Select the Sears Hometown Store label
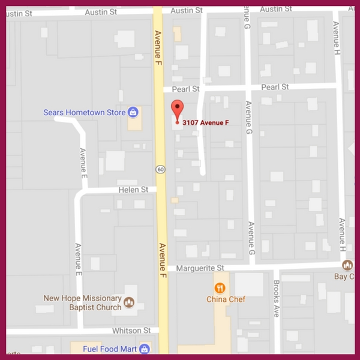coord(85,112)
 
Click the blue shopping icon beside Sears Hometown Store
coord(133,112)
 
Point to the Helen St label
coord(136,190)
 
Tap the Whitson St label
coord(131,331)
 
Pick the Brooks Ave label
coord(277,290)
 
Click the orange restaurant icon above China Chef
coord(220,287)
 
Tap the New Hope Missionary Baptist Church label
coord(82,302)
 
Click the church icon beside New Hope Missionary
coord(128,301)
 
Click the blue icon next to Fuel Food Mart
coord(144,349)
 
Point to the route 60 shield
coord(161,169)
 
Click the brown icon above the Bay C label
coord(347,265)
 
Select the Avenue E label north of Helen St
coord(83,161)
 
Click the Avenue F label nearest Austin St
coord(158,43)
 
